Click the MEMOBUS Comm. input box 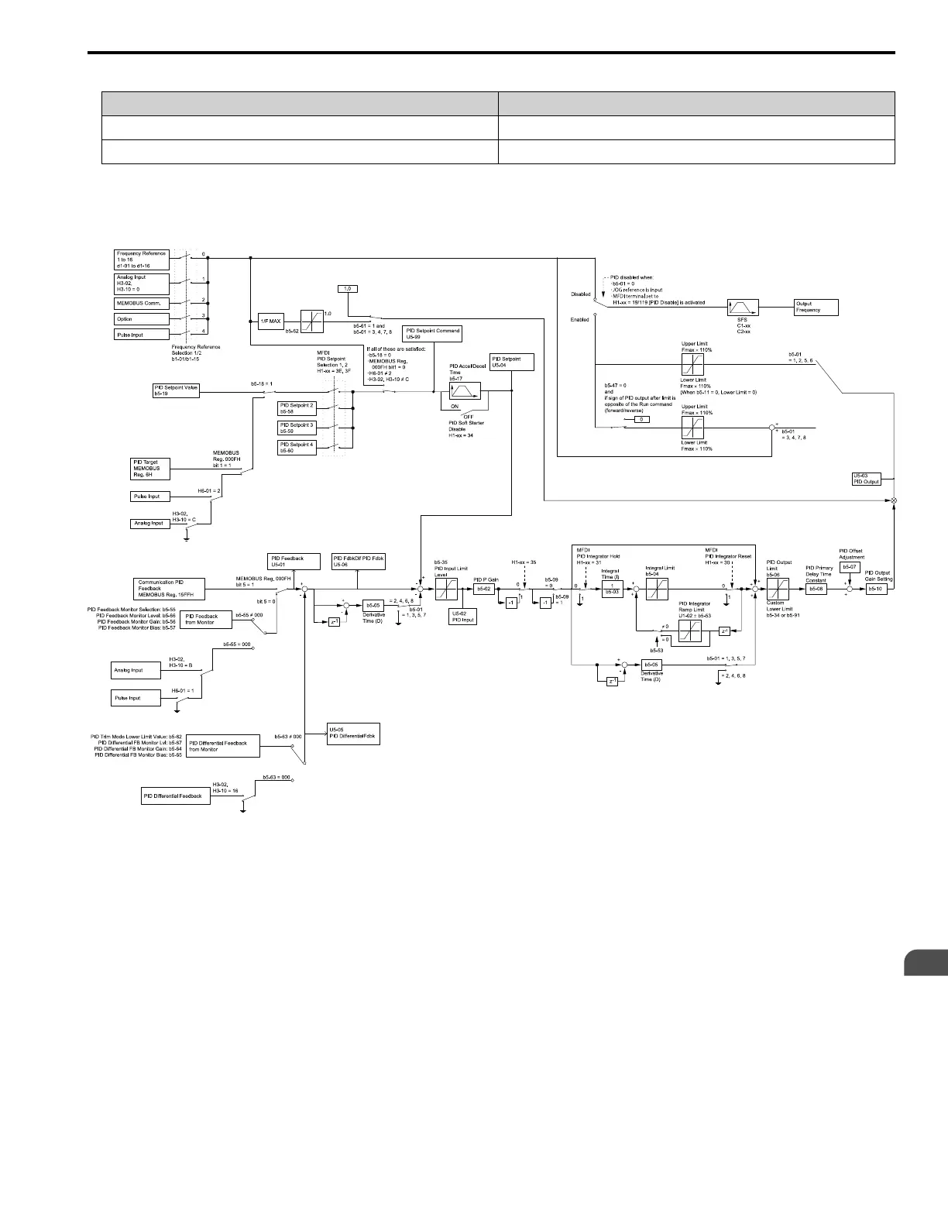pos(142,303)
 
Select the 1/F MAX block pos(270,321)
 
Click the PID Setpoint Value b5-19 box pos(176,391)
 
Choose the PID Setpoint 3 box pos(297,428)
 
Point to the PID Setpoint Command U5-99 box pos(432,334)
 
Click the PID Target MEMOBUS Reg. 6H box pos(149,469)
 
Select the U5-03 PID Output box pos(867,479)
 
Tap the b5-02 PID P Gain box pos(484,589)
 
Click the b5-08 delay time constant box pos(816,589)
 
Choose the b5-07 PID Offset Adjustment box pos(850,567)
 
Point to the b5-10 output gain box pos(875,589)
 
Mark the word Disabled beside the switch pos(580,294)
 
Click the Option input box pos(142,318)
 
